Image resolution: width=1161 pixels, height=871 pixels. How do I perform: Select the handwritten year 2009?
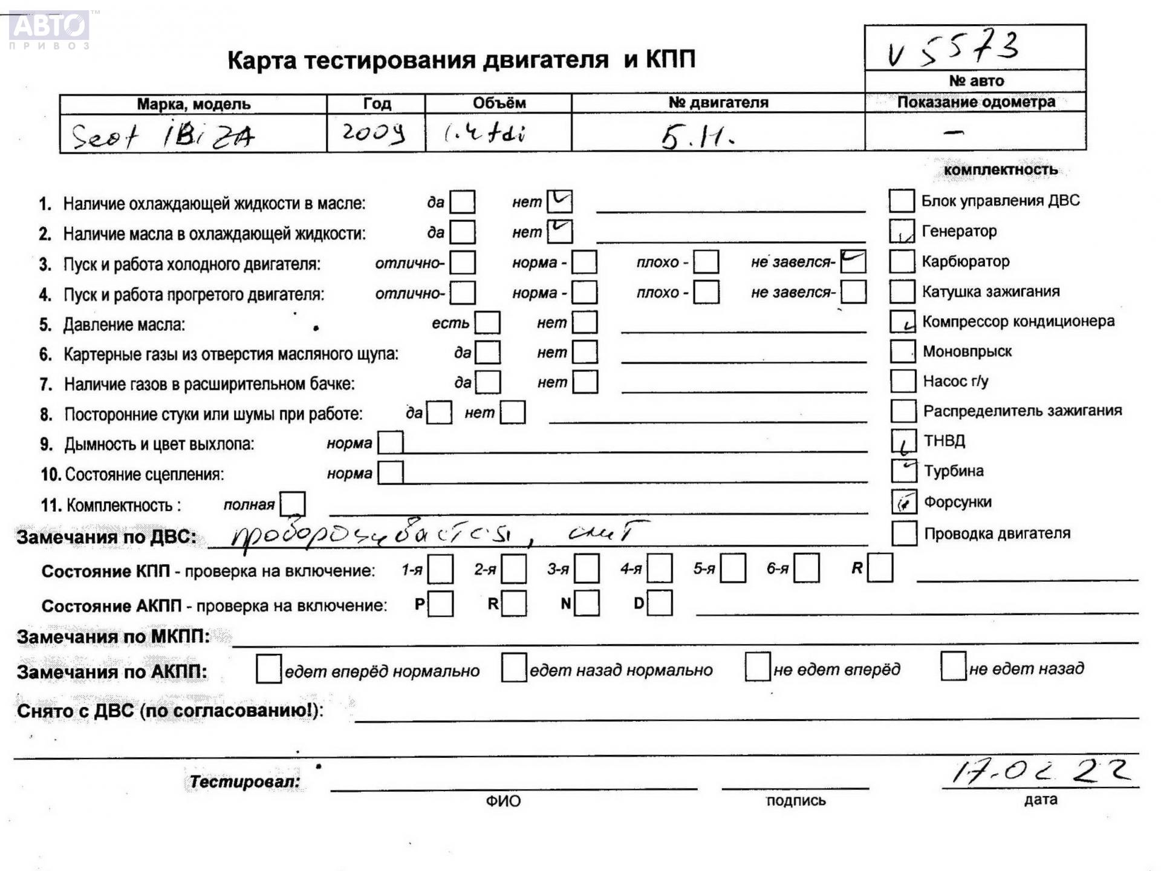pyautogui.click(x=373, y=132)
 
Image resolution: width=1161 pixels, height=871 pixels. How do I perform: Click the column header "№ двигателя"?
pyautogui.click(x=718, y=103)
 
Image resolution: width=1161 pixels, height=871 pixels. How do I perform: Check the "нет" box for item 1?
pyautogui.click(x=559, y=201)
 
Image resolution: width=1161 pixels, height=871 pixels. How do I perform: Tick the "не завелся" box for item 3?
pyautogui.click(x=853, y=261)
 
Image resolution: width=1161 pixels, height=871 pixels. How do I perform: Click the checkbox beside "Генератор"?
pyautogui.click(x=902, y=231)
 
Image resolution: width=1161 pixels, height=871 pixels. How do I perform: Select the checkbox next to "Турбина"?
pyautogui.click(x=904, y=471)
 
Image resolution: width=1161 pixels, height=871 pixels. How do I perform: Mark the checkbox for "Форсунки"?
pyautogui.click(x=904, y=501)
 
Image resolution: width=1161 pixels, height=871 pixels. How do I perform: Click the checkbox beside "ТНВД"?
pyautogui.click(x=903, y=441)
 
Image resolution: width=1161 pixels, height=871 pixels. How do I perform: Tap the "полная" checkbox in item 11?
pyautogui.click(x=293, y=504)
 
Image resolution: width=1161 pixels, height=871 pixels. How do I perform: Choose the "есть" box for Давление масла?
pyautogui.click(x=487, y=322)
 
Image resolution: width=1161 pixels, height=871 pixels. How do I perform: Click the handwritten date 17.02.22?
pyautogui.click(x=1040, y=771)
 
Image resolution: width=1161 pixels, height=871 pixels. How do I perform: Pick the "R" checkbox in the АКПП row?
pyautogui.click(x=514, y=603)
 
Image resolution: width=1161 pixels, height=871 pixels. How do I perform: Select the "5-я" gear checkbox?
pyautogui.click(x=733, y=569)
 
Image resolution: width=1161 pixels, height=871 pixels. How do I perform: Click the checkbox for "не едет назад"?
pyautogui.click(x=953, y=667)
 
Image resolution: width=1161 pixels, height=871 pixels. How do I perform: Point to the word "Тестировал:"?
pyautogui.click(x=245, y=781)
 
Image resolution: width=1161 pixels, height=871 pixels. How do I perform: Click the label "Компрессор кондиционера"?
pyautogui.click(x=1018, y=321)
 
